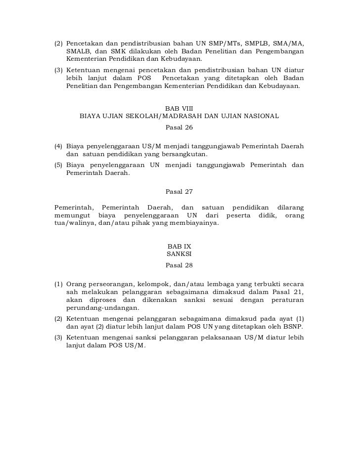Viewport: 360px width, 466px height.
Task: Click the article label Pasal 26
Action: (x=179, y=127)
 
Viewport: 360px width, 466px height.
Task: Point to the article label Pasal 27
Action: (x=179, y=192)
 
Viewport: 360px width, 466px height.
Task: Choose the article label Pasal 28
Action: (x=179, y=265)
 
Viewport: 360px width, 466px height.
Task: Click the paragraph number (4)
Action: (x=59, y=147)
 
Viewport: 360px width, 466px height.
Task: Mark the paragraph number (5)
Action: (x=59, y=165)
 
